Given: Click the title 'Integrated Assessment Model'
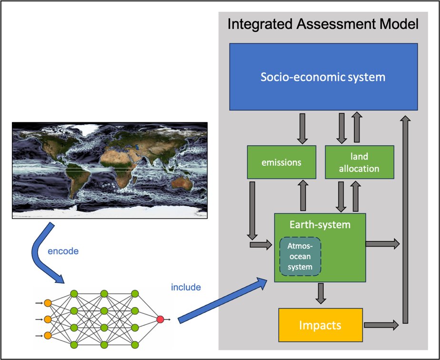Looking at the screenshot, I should [x=323, y=24].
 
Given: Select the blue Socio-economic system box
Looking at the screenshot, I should [x=323, y=77].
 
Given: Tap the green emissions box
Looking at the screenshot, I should [x=281, y=162].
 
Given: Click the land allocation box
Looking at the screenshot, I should [x=359, y=162].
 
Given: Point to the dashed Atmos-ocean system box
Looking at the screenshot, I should [x=300, y=256].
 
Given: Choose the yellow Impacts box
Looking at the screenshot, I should [x=320, y=325].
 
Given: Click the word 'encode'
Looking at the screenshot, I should [x=63, y=251].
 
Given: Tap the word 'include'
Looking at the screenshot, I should [x=186, y=287].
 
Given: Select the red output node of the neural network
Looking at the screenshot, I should [x=160, y=319].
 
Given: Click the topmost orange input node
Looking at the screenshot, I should [x=48, y=302].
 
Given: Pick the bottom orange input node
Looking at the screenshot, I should [x=48, y=336].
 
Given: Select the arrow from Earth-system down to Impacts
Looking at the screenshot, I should [x=321, y=293].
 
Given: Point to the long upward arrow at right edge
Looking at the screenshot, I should [x=405, y=219].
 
